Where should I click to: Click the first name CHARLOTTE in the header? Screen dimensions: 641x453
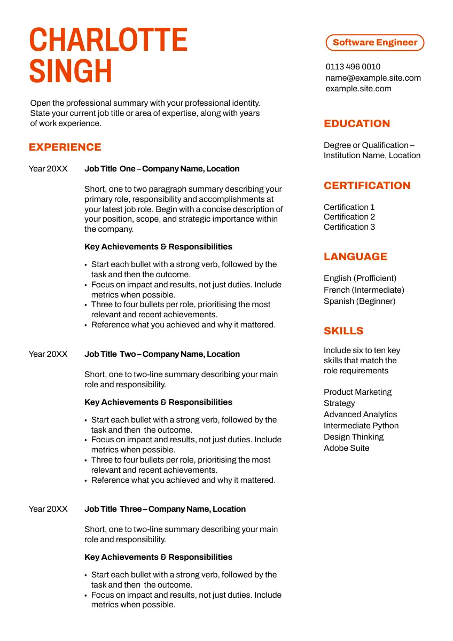coord(108,40)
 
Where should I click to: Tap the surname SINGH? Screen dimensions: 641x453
coord(71,72)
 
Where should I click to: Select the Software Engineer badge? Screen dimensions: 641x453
coord(374,43)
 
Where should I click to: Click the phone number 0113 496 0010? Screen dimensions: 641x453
coord(353,67)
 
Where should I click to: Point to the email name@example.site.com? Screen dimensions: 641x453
coord(373,78)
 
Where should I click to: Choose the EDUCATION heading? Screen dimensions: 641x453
coord(357,124)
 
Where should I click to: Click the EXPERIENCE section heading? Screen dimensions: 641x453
coord(65,147)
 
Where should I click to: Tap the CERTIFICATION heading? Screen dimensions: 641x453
coord(367,186)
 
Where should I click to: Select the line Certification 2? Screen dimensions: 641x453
coord(349,217)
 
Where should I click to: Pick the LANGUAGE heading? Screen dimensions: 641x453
coord(355,257)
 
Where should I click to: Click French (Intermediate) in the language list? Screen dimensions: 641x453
coord(364,290)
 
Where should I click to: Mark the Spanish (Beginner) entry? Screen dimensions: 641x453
coord(360,301)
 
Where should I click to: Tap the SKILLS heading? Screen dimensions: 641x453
coord(343,331)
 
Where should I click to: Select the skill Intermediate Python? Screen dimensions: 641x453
coord(361,426)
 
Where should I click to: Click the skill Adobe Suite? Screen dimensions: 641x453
coord(346,448)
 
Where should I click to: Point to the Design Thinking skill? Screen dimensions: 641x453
coord(354,437)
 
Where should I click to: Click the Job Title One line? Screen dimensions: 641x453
coord(162,169)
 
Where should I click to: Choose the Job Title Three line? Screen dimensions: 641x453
coord(165,509)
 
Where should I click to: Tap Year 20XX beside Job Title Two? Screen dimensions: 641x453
coord(48,354)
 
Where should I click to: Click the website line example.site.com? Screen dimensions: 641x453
coord(358,89)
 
